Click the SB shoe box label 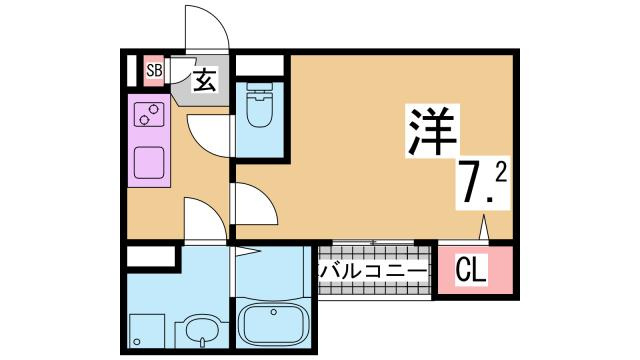153,70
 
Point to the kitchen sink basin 149,160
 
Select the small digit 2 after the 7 500,173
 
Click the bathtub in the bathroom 273,324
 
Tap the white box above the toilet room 259,67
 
